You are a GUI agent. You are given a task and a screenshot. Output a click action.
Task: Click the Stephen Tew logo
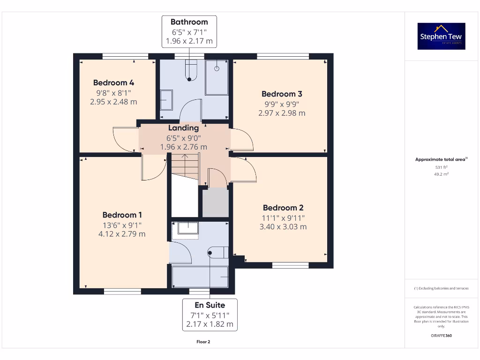tap(441, 36)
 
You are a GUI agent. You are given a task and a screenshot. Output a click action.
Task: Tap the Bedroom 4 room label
tap(113, 83)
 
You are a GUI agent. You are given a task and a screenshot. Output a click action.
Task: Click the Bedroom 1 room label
tap(122, 215)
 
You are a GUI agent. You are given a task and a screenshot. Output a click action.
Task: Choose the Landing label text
tap(184, 128)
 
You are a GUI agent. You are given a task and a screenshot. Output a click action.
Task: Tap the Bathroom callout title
tap(189, 22)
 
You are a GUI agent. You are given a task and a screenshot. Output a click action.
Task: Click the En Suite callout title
tap(210, 305)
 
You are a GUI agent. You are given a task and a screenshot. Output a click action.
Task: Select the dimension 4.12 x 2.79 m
tap(122, 234)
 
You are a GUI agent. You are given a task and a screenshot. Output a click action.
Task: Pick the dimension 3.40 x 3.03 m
tap(283, 227)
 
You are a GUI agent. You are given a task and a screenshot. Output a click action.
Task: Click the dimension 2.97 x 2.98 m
tap(282, 113)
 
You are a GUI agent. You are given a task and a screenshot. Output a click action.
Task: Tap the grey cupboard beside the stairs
tap(215, 202)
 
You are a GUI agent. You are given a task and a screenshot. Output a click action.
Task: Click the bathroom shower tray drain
tap(217, 68)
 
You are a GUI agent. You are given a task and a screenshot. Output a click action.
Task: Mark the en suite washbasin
tap(186, 229)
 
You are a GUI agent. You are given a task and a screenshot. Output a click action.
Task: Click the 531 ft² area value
tap(441, 167)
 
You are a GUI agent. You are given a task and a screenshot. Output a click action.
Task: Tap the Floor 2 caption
tap(203, 342)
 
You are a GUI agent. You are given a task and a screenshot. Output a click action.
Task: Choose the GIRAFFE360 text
tap(441, 336)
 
